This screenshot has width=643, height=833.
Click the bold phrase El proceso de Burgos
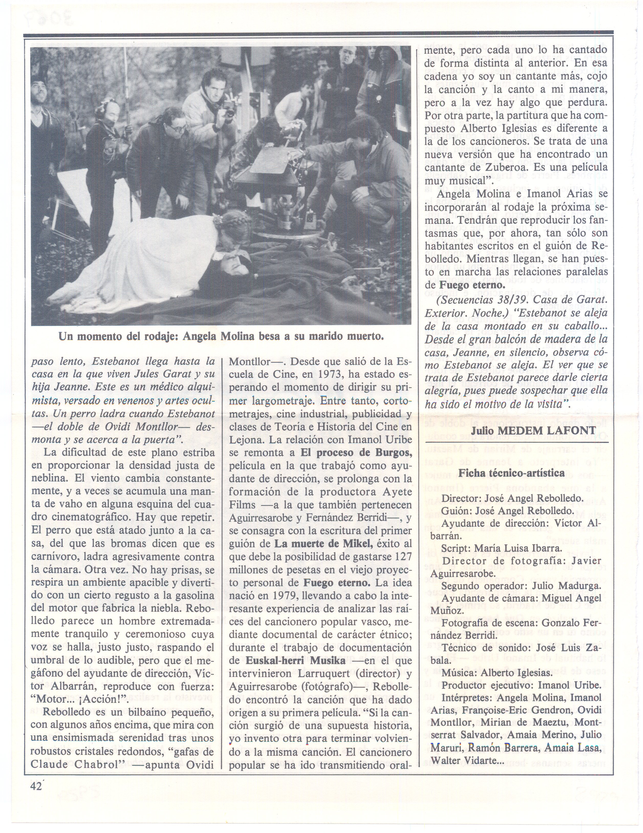pos(356,453)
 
